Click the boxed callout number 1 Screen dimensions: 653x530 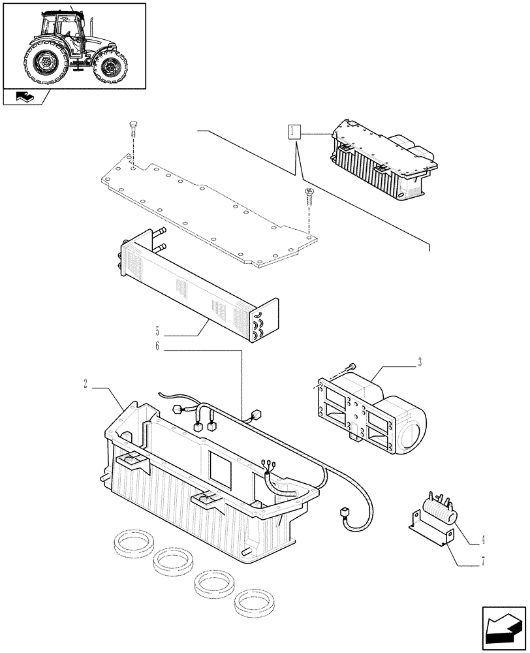(293, 133)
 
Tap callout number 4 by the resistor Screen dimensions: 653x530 (483, 541)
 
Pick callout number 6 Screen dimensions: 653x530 (157, 347)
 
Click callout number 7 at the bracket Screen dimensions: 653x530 (483, 560)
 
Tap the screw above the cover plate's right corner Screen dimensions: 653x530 (309, 193)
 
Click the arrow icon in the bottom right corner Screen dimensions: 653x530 (503, 627)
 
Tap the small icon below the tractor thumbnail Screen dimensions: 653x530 (25, 97)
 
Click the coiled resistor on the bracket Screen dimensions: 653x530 (440, 510)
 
